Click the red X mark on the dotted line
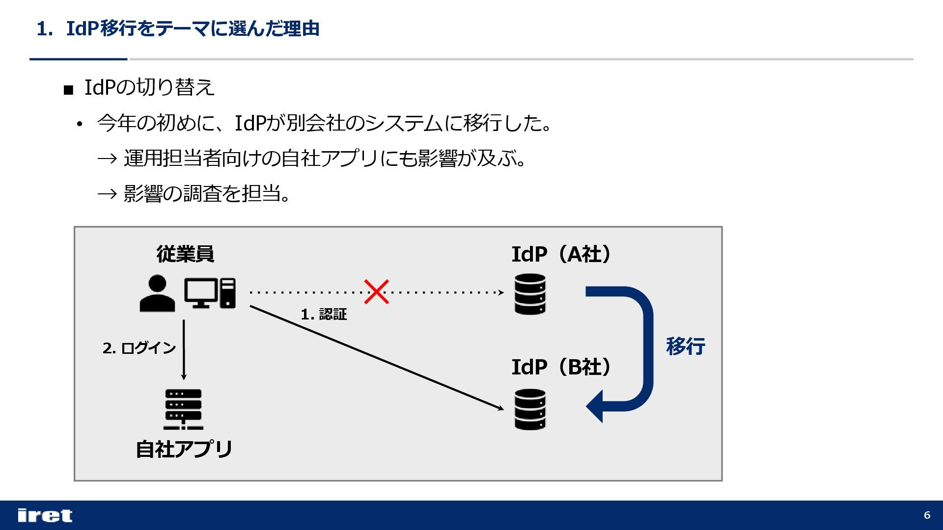point(376,292)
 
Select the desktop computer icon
point(210,293)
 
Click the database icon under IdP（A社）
point(530,294)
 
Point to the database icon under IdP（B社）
point(530,409)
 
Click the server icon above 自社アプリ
point(184,409)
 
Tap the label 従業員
point(185,254)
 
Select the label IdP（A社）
point(561,254)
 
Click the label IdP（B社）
point(561,367)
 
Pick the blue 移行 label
point(686,346)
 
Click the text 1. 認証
point(324,315)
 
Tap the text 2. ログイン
point(139,348)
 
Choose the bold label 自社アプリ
point(184,449)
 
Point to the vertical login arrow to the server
point(184,349)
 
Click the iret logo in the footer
point(45,515)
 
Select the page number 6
point(927,515)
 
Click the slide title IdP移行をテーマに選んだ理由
point(193,29)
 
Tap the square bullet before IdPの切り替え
point(68,90)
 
